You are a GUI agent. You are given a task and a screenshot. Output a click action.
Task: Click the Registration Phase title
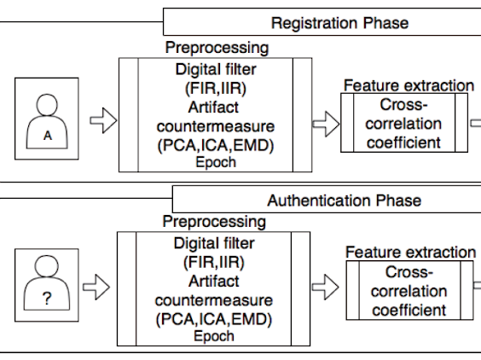click(339, 23)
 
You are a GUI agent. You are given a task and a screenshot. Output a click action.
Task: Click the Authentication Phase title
click(345, 200)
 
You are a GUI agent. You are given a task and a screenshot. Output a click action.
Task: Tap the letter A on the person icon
click(48, 136)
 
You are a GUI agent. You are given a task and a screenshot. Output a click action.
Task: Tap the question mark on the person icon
click(47, 299)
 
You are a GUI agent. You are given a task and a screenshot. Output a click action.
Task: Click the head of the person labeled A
click(47, 105)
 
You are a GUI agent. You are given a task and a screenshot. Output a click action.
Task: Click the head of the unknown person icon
click(47, 266)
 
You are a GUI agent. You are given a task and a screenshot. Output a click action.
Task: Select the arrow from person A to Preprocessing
click(103, 120)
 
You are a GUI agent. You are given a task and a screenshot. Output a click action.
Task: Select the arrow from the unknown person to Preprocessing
click(96, 287)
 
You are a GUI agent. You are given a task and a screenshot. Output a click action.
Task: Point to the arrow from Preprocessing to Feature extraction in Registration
click(326, 124)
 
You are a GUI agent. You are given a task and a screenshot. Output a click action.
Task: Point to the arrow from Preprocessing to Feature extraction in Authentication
click(326, 287)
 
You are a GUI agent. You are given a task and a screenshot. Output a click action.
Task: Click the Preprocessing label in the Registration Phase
click(217, 48)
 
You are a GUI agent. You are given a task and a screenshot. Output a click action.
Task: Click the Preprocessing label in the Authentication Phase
click(214, 222)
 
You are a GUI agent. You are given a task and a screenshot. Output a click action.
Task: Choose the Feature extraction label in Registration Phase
click(409, 85)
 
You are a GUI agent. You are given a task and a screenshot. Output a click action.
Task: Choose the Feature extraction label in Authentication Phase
click(411, 253)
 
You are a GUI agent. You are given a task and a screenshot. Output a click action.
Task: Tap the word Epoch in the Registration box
click(216, 162)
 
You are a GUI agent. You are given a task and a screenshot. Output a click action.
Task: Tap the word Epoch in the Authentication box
click(214, 336)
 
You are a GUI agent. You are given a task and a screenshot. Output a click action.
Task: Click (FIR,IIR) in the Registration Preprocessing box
click(216, 89)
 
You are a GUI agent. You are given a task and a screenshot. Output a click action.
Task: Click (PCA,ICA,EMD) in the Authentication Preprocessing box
click(214, 319)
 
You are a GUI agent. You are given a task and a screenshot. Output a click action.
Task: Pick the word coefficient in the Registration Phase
click(403, 142)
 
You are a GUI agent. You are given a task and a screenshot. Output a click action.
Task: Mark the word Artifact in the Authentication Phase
click(214, 282)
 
